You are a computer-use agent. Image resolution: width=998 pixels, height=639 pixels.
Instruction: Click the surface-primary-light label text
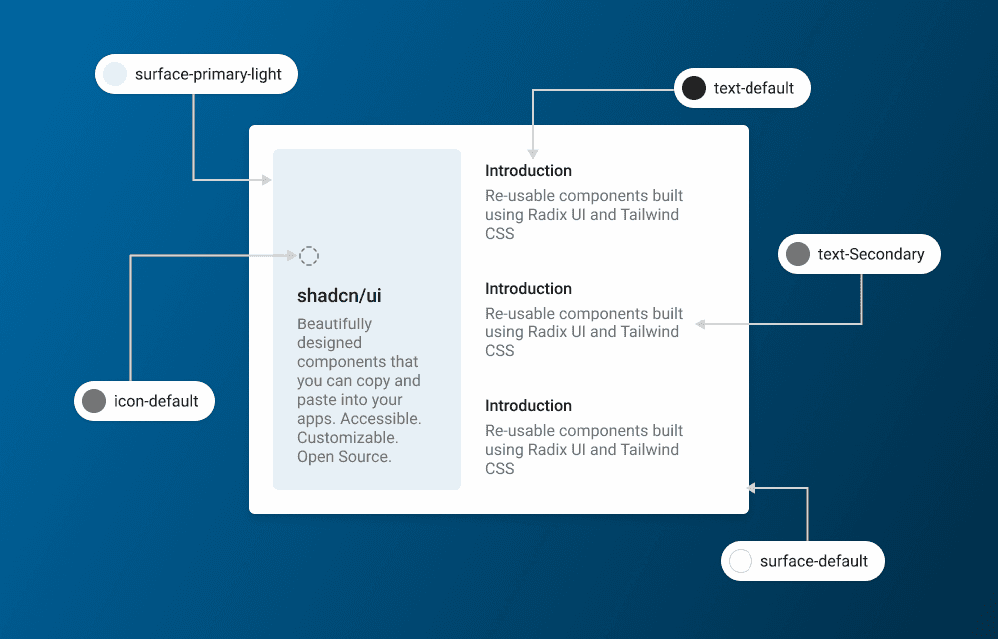(208, 74)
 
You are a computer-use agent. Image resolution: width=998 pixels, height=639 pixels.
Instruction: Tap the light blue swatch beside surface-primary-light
(115, 74)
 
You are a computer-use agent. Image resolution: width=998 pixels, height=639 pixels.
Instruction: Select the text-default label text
(753, 88)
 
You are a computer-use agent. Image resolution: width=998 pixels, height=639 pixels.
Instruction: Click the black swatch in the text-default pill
(694, 88)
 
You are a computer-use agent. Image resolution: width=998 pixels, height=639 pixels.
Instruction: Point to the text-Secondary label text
(870, 254)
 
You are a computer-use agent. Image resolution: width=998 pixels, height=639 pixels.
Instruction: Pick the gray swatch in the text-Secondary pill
(797, 254)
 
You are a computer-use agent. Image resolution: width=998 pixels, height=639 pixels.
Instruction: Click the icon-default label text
(156, 401)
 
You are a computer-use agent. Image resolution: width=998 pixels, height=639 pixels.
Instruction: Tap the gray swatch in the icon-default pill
(94, 401)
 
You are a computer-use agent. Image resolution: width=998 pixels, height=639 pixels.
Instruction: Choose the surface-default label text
(813, 561)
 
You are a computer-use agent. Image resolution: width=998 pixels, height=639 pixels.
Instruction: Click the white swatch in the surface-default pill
(741, 561)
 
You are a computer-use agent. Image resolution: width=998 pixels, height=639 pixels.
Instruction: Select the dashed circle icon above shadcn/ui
(310, 256)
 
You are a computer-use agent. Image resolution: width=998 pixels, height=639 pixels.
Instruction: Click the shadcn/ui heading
(339, 295)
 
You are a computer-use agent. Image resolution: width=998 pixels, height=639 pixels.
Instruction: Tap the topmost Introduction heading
(528, 171)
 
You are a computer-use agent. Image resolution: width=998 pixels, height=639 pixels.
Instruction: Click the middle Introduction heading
(528, 289)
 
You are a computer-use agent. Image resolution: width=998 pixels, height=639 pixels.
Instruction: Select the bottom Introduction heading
(528, 406)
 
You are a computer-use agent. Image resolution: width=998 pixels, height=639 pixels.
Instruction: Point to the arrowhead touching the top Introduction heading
(532, 154)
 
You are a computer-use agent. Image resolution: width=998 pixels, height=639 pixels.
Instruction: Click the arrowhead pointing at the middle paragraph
(701, 324)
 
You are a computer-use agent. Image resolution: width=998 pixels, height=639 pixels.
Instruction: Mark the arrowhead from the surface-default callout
(752, 488)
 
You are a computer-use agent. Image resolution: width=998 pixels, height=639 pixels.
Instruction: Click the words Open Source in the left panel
(344, 457)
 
